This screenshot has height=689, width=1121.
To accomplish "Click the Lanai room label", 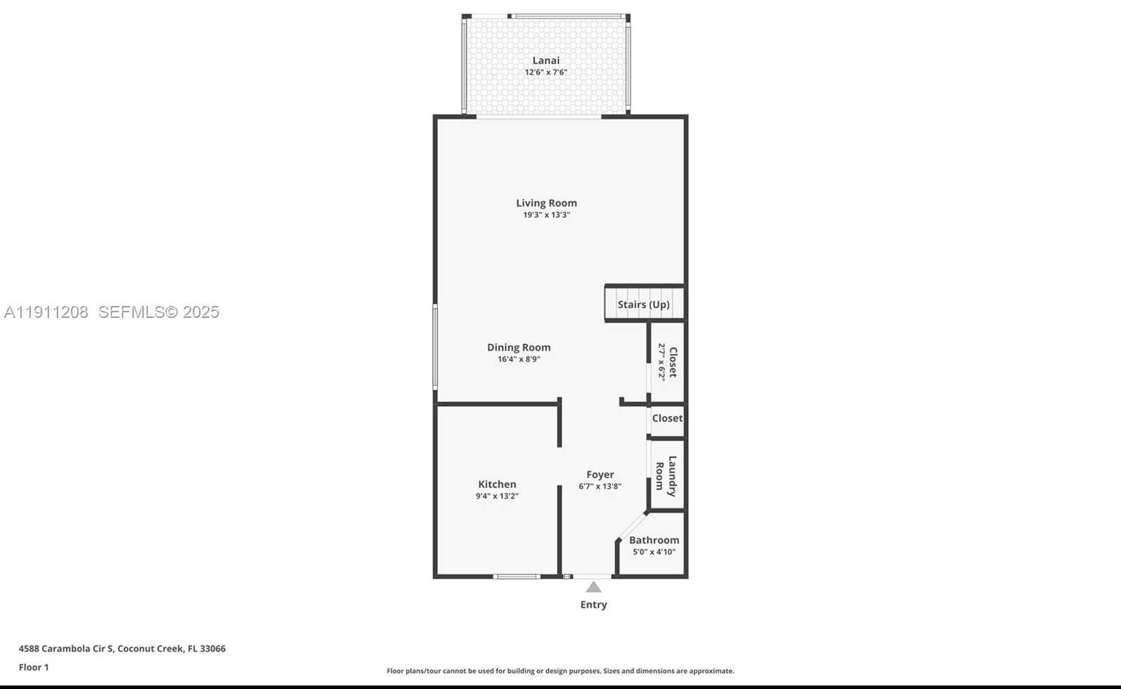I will [x=546, y=60].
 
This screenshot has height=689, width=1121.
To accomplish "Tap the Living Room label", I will [x=546, y=203].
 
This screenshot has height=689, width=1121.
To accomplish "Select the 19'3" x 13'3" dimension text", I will [x=546, y=215].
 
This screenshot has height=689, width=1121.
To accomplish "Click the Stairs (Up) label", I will [x=643, y=305].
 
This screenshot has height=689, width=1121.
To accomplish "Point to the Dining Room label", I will [x=518, y=347].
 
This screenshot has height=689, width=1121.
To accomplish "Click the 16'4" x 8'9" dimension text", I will [x=518, y=359].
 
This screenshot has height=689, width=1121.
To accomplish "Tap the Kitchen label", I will [x=497, y=484].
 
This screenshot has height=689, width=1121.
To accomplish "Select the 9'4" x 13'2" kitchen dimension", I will [x=497, y=496].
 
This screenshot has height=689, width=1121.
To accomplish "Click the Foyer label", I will [x=600, y=475].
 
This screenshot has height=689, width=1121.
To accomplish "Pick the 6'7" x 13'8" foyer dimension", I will [x=600, y=487].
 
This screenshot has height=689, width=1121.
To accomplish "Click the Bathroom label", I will [x=654, y=540].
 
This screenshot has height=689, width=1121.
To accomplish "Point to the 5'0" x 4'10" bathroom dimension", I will [x=654, y=552].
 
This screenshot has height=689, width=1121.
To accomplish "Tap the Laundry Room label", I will [x=666, y=476].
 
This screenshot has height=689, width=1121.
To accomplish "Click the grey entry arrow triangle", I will [x=593, y=587].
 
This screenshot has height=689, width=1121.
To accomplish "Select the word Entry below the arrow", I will [x=593, y=605].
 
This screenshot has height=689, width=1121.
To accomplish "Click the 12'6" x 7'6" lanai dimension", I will [x=546, y=72].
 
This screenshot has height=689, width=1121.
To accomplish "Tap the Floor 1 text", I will [x=34, y=667].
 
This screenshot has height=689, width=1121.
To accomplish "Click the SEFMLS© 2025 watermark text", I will [x=158, y=312].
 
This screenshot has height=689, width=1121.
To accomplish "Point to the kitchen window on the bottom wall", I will [x=516, y=576].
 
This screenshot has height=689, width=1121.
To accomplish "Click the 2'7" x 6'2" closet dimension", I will [x=661, y=362].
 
